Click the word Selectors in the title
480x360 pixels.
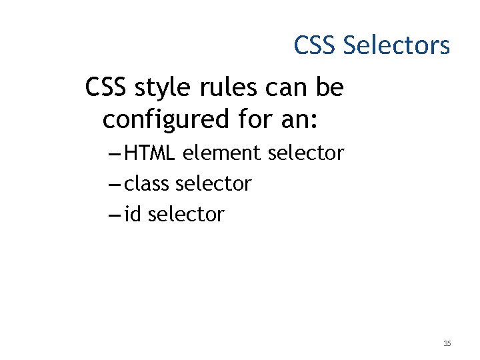[397, 45]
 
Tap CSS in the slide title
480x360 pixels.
[316, 45]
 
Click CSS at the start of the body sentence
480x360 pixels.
[108, 87]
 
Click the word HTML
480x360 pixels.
[150, 153]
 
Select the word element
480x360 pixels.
[222, 153]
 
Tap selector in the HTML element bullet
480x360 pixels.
[305, 153]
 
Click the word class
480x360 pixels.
[147, 183]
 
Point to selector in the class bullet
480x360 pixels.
[213, 183]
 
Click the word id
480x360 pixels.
[133, 214]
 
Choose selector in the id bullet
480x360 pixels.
[186, 214]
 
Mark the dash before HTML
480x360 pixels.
[113, 154]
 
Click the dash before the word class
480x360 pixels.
[113, 184]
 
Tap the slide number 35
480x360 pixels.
[447, 344]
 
